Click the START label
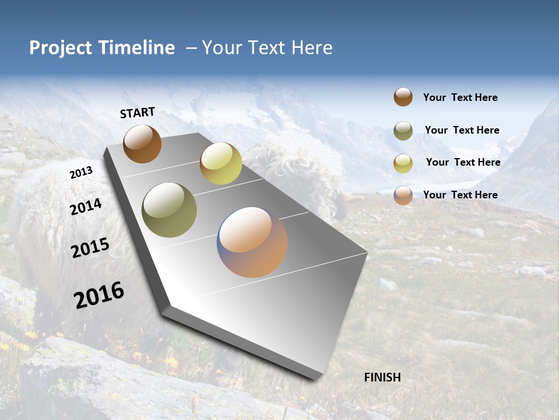click(137, 113)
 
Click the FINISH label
click(382, 377)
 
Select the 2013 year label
click(81, 173)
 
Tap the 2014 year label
click(86, 207)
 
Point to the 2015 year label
click(90, 248)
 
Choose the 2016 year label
click(99, 295)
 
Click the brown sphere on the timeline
click(142, 143)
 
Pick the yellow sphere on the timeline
click(221, 163)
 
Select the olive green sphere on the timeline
click(169, 210)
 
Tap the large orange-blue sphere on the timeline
click(252, 242)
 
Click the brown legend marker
click(403, 97)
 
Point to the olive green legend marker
click(403, 131)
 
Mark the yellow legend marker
click(403, 163)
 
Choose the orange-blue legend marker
click(403, 195)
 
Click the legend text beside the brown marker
click(460, 97)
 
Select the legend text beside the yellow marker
click(463, 162)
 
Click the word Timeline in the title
click(137, 48)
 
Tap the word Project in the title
click(61, 48)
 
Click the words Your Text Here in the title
click(267, 48)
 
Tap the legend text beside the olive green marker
click(462, 130)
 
